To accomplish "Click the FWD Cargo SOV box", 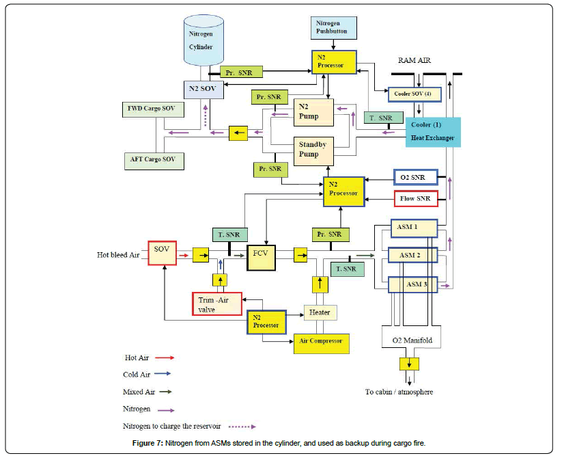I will (x=151, y=109).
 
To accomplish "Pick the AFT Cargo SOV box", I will (x=152, y=159).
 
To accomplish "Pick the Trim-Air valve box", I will (x=217, y=303).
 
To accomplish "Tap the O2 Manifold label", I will (x=412, y=340).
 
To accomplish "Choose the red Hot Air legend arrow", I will (x=164, y=357).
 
